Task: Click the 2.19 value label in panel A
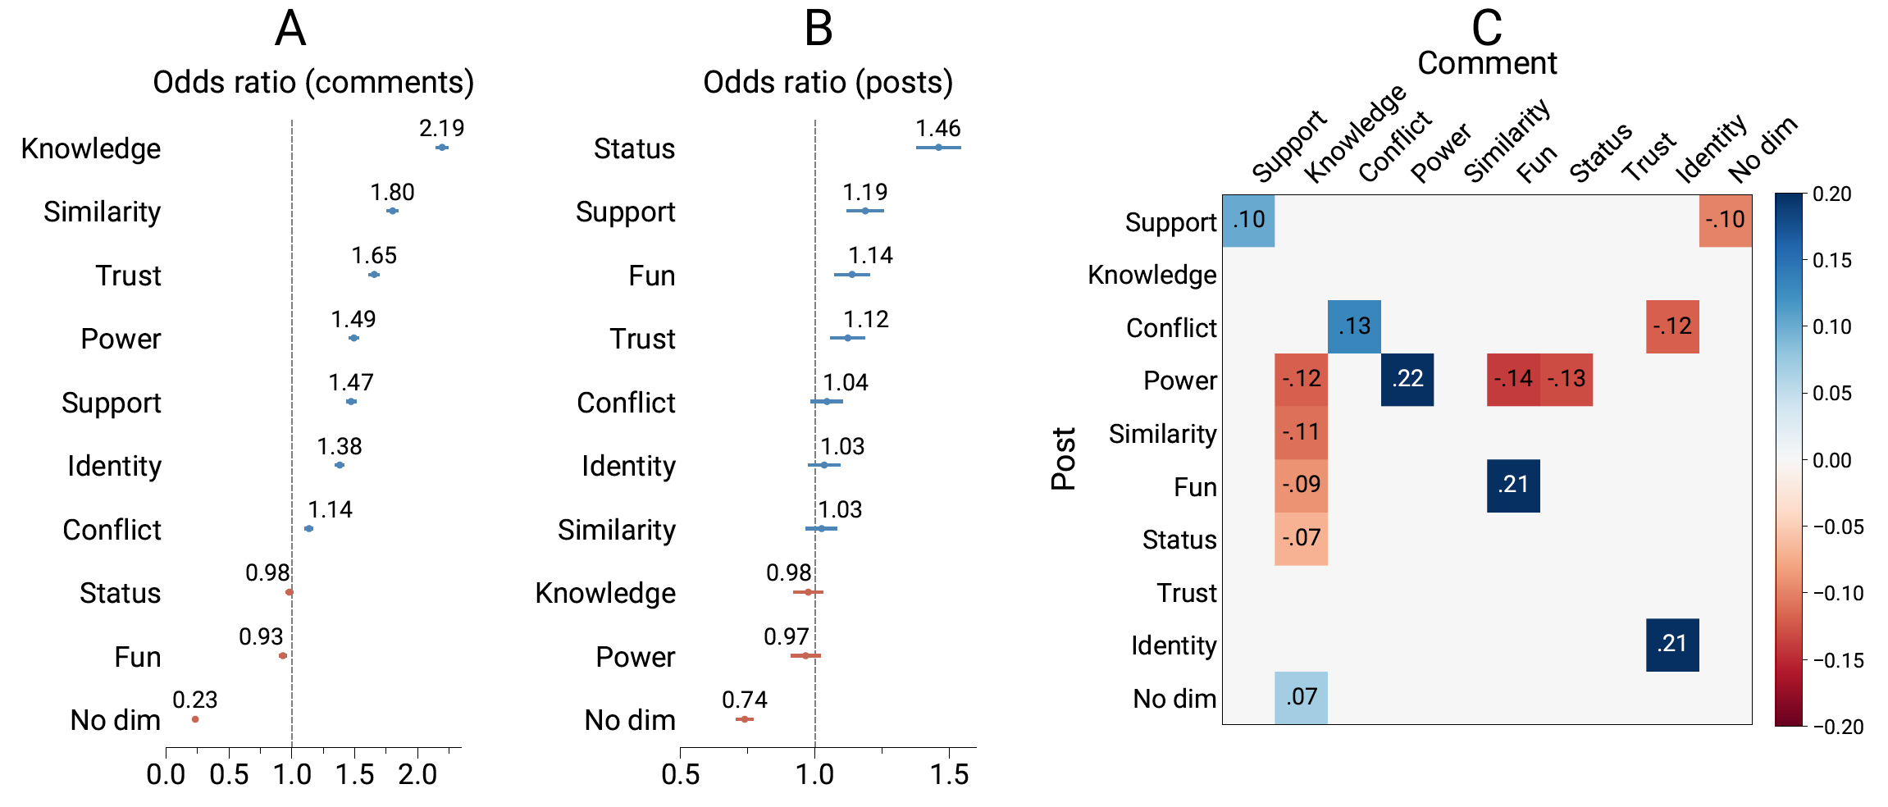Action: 441,128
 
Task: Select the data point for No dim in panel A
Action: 195,719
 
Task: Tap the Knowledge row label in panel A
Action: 91,148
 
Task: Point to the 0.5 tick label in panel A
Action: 229,774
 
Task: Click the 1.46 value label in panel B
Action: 937,128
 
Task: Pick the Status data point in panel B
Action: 938,148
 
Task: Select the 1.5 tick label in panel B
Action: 949,774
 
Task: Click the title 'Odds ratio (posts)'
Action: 828,82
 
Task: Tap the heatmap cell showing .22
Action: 1407,379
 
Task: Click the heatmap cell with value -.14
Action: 1513,379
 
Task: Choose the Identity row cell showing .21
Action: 1672,645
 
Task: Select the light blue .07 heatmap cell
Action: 1302,697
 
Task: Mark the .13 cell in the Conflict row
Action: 1354,326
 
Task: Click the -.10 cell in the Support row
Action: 1726,220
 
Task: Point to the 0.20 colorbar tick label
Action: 1832,194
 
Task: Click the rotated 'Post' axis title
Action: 1063,459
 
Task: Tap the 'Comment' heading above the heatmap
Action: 1487,63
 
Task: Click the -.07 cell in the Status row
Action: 1302,538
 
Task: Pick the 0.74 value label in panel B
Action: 744,700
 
